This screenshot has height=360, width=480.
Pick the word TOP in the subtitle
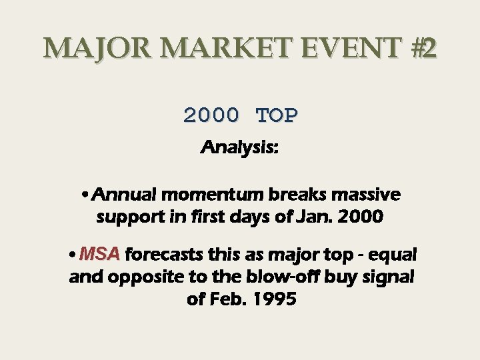coord(277,115)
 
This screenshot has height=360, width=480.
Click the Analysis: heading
coord(240,147)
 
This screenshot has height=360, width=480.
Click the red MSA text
coord(99,255)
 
